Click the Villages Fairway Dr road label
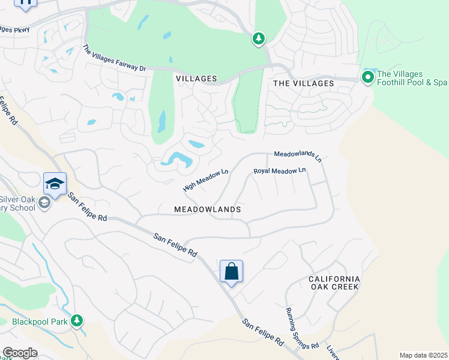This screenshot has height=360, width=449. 114,59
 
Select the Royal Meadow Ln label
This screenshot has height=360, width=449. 280,171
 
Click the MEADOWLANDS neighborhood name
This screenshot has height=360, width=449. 207,209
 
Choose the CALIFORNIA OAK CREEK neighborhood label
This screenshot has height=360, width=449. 334,283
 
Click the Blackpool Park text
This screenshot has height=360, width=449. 35,322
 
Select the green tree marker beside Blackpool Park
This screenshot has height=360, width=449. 76,320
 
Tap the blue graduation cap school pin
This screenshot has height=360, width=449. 55,184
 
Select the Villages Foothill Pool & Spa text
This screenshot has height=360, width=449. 412,79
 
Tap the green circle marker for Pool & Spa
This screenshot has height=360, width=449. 367,77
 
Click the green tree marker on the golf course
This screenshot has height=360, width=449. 258,39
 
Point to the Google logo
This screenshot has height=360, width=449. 19,353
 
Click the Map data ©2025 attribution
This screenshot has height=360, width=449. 423,355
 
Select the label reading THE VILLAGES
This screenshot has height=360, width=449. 303,83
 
